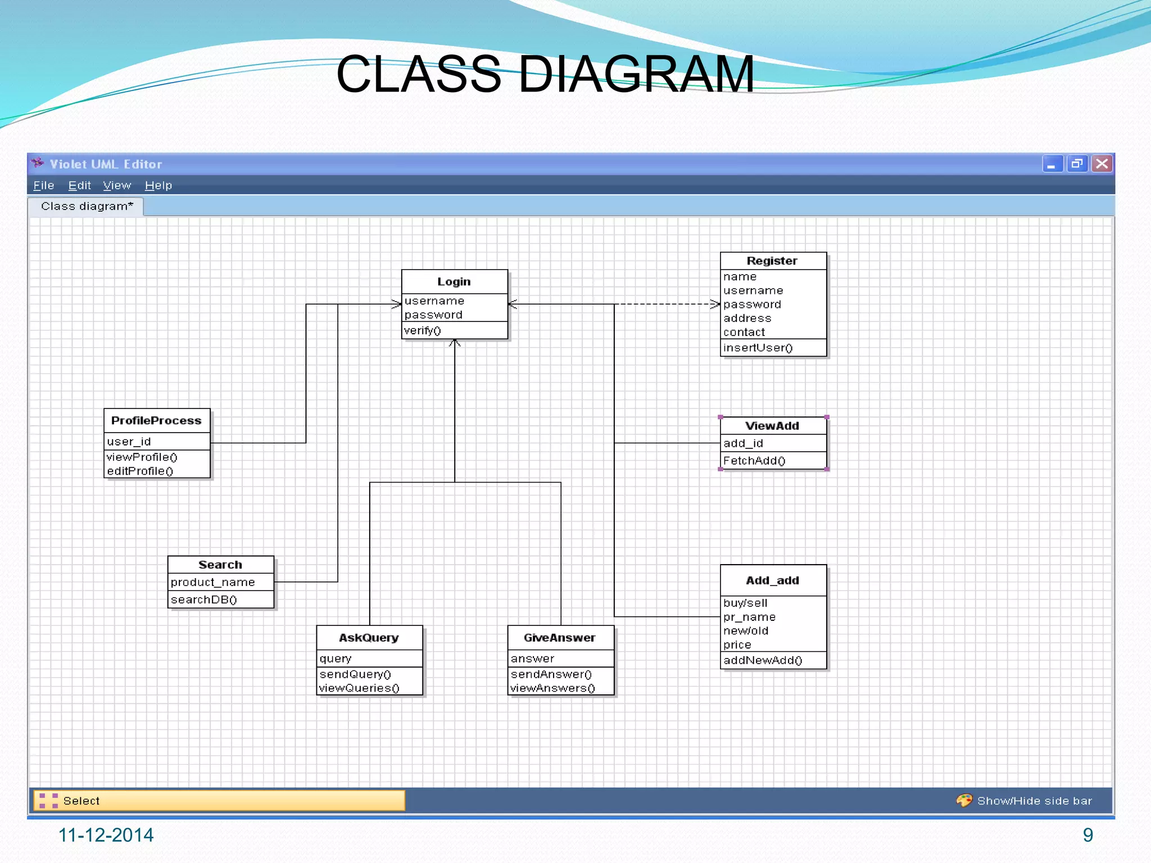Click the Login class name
(x=454, y=281)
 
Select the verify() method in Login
(x=423, y=330)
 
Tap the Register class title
(x=772, y=261)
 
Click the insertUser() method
(x=758, y=348)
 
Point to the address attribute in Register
(x=747, y=318)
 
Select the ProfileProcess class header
(x=156, y=420)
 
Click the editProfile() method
(x=140, y=471)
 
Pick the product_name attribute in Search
(x=213, y=582)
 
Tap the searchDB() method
(x=204, y=599)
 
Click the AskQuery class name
(x=369, y=638)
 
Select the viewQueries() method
(x=359, y=688)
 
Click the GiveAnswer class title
(x=560, y=638)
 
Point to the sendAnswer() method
(x=551, y=674)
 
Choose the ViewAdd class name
(x=772, y=426)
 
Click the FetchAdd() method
(x=754, y=461)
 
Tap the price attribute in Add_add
(x=737, y=644)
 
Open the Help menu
(x=158, y=185)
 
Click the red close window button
(x=1102, y=163)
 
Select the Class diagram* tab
(x=87, y=206)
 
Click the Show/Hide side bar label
(x=1034, y=801)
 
